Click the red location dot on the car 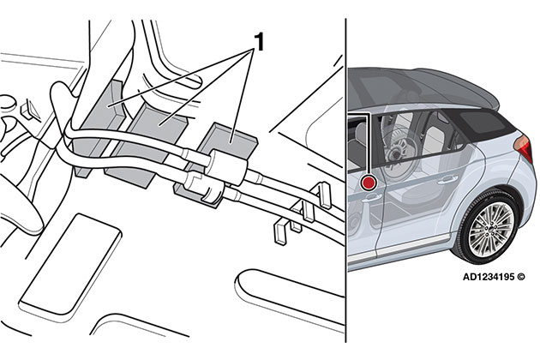369,181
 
